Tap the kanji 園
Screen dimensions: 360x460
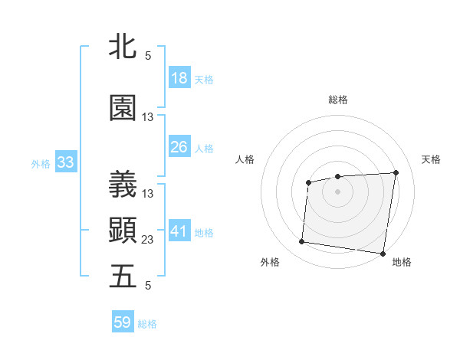[123, 109]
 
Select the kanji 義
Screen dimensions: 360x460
[123, 185]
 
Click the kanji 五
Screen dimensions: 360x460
[123, 277]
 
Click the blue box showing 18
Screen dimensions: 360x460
[179, 78]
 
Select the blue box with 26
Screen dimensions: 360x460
[179, 146]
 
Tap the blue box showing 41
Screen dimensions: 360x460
[179, 231]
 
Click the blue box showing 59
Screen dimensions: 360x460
[123, 322]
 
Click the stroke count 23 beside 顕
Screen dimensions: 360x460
[148, 240]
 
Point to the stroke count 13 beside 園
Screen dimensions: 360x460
[148, 117]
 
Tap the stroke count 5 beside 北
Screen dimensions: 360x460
[148, 56]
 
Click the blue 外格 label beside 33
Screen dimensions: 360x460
[41, 162]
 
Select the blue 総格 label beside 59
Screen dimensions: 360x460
[147, 323]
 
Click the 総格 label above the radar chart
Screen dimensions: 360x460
[337, 100]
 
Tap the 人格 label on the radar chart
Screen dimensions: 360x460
[245, 159]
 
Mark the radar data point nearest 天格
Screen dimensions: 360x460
[396, 172]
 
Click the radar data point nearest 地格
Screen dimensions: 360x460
[383, 254]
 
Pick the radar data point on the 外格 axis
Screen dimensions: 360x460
[301, 242]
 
